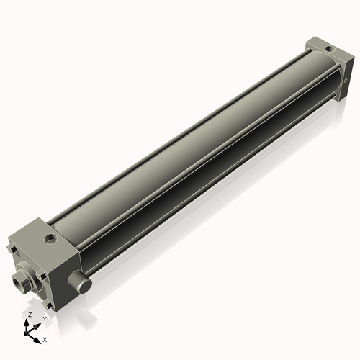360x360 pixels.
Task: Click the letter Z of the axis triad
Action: (x=30, y=315)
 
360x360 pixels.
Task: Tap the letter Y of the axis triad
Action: (x=44, y=318)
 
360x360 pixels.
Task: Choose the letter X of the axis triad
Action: (x=45, y=338)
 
